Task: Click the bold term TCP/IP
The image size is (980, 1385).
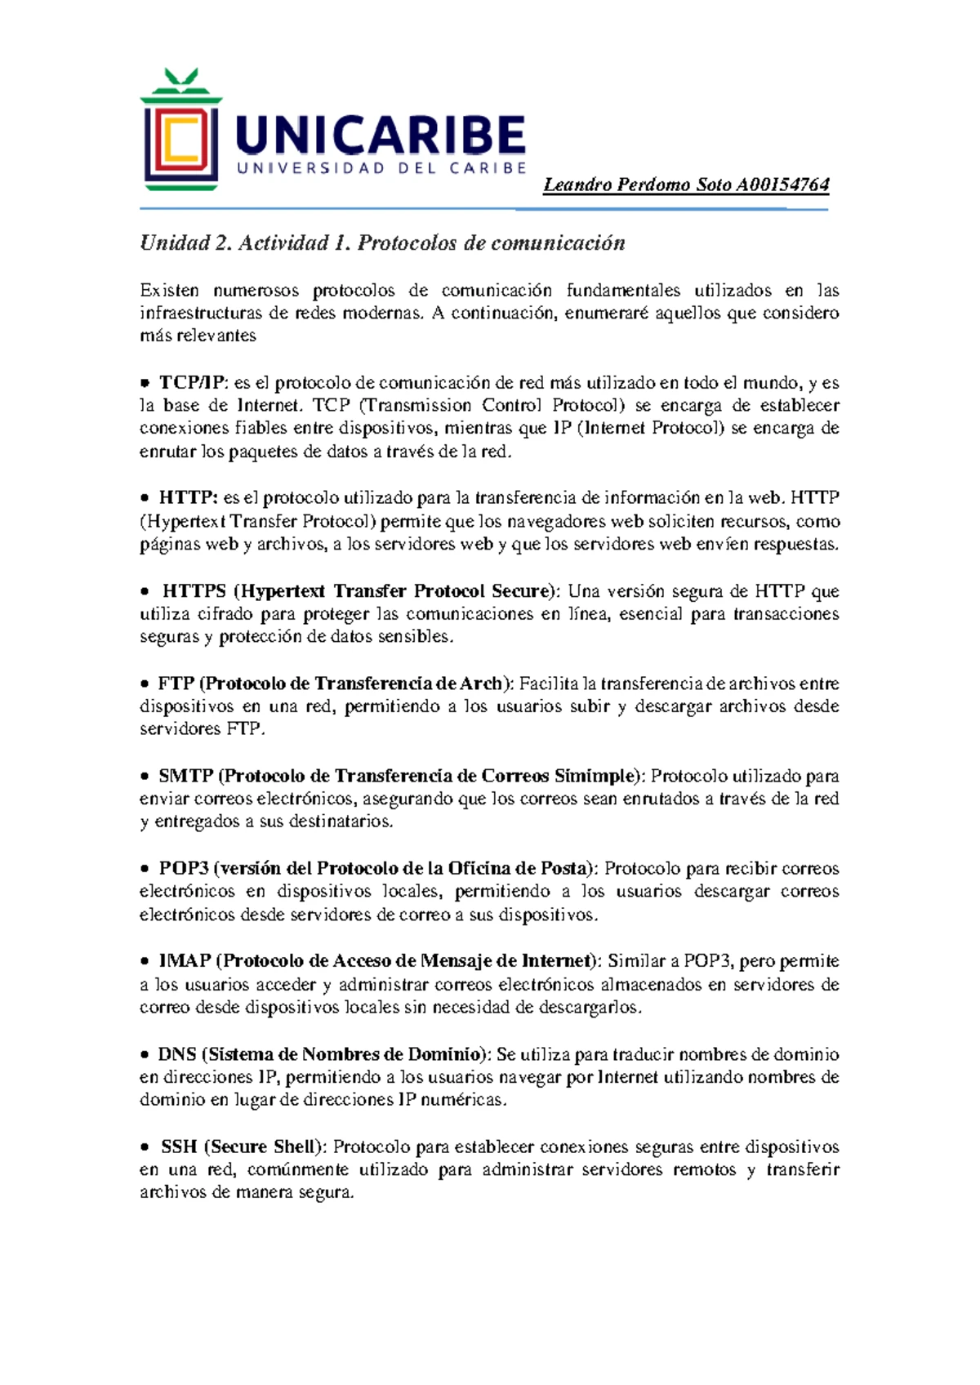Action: (x=192, y=383)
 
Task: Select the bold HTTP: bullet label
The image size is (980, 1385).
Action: (x=188, y=498)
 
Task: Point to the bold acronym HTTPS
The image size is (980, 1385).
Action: (x=194, y=591)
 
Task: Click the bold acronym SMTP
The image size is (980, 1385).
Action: (x=186, y=776)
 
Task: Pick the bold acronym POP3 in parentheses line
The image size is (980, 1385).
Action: (x=184, y=868)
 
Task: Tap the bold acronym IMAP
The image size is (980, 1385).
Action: (x=185, y=961)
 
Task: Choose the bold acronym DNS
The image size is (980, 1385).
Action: (x=176, y=1054)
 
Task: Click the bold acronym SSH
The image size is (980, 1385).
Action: (x=179, y=1147)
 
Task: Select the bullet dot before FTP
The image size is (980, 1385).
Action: (x=145, y=684)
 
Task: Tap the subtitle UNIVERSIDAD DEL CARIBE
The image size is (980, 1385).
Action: (x=381, y=168)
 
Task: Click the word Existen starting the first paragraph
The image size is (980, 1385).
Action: (x=169, y=291)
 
